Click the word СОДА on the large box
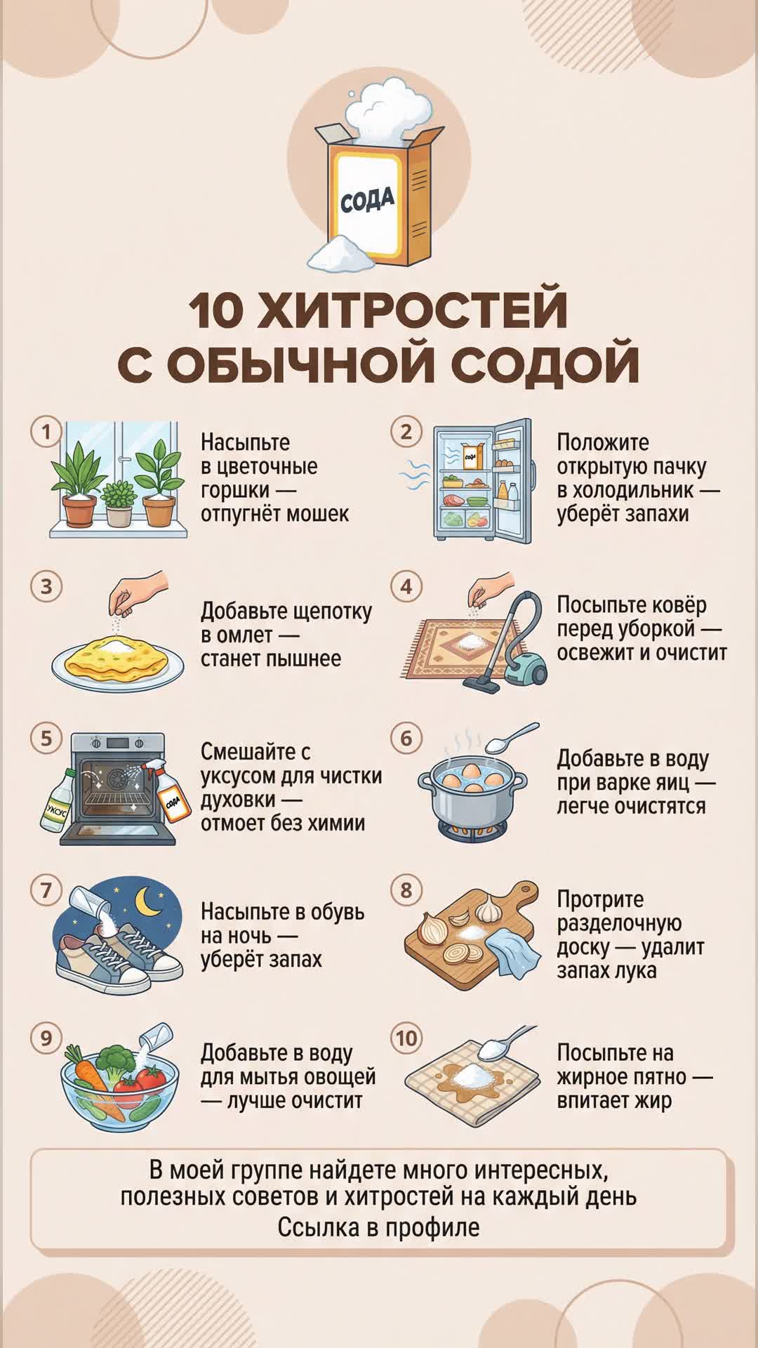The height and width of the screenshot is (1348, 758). (367, 200)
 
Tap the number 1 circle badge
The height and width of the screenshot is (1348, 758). (46, 431)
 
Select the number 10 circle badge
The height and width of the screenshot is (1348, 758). (406, 1038)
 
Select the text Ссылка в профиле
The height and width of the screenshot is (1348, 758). (379, 1228)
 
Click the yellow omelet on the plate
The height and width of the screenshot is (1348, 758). (117, 653)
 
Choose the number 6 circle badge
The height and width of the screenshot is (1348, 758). (406, 739)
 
